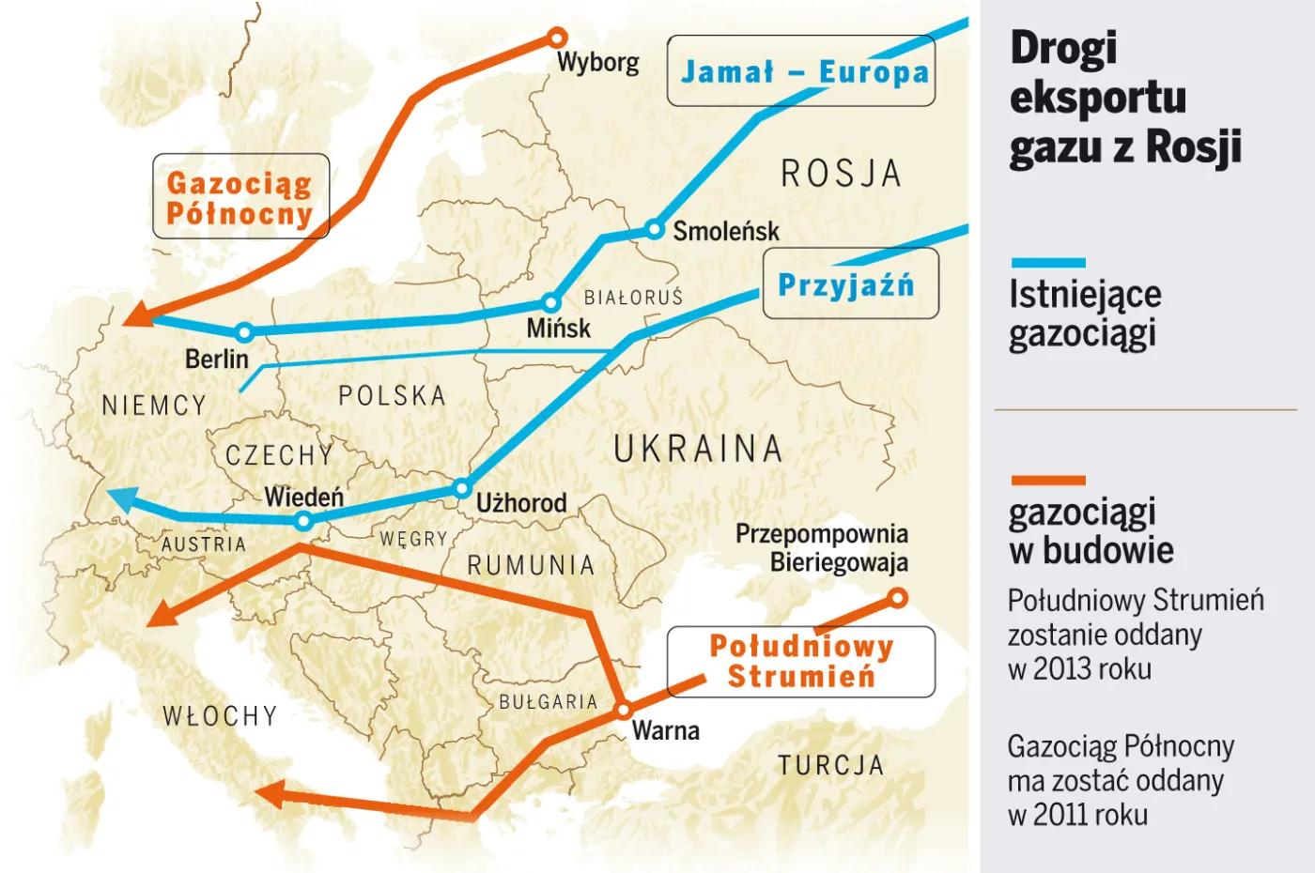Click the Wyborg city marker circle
557,38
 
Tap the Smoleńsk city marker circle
654,229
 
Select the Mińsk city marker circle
551,302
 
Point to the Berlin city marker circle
244,331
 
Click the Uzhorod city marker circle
461,488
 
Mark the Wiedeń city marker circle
303,521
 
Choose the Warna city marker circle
623,711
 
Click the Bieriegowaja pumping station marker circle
897,598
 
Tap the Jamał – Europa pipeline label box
801,71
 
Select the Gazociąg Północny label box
240,196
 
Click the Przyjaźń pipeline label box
849,283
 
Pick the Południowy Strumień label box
801,662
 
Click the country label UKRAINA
698,449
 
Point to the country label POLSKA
392,395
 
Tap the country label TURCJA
830,765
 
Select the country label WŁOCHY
220,715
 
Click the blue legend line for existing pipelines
1048,263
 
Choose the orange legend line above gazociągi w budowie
1048,480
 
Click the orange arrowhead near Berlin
138,315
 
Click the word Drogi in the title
1063,48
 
